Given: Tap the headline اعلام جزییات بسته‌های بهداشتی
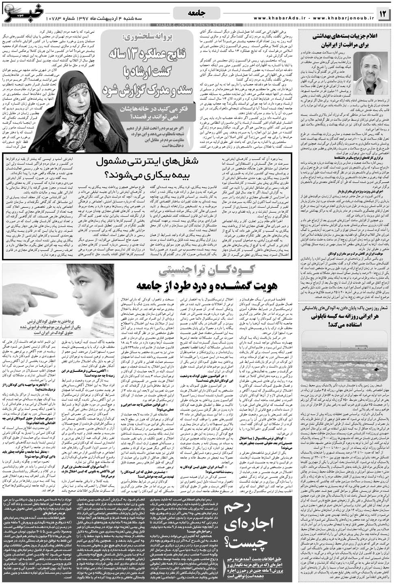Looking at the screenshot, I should pos(345,36).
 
